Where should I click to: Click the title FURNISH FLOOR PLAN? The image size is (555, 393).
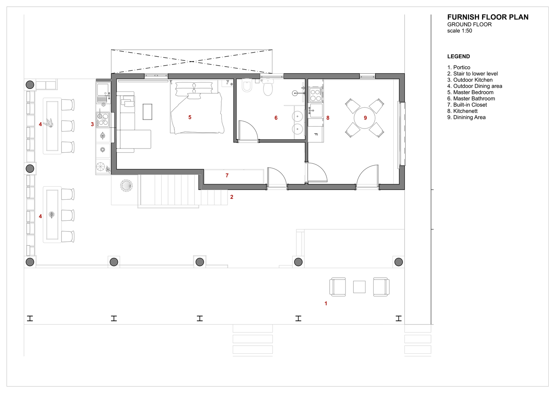tap(488, 17)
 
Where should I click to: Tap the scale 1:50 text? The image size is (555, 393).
tap(460, 31)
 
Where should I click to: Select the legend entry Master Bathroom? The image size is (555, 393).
tap(471, 99)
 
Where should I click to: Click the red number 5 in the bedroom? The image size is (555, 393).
tap(190, 117)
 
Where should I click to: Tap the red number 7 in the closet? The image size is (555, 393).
tap(227, 176)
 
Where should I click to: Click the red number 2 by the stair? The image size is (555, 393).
tap(232, 197)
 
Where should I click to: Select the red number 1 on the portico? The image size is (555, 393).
tap(326, 303)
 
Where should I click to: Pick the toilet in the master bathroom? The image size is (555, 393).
tap(268, 87)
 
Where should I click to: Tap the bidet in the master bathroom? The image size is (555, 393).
tap(247, 85)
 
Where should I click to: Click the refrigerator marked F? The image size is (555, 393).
tap(316, 134)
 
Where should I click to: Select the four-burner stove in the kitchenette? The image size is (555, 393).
tap(315, 95)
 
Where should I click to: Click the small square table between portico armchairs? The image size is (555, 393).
tap(359, 287)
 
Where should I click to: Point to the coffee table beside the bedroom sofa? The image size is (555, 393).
tap(147, 112)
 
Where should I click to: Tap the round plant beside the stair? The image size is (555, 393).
tap(127, 186)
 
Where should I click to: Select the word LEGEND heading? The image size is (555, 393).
tap(458, 56)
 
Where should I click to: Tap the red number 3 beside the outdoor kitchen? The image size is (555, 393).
tap(92, 124)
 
